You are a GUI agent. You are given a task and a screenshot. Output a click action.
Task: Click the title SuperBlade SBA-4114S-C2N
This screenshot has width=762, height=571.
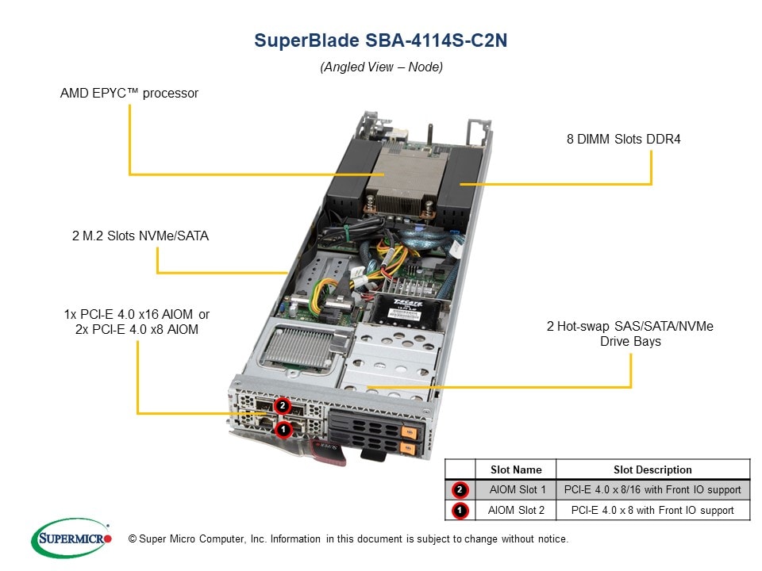point(380,40)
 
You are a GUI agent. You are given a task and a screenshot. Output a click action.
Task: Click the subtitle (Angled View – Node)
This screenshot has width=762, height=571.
point(381,67)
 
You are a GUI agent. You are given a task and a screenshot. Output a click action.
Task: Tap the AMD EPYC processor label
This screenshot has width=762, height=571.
point(129,93)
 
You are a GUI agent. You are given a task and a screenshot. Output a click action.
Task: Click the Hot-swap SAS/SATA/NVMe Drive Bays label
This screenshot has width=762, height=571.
point(629,333)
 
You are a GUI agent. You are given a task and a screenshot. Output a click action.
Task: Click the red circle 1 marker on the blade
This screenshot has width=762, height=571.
point(281,429)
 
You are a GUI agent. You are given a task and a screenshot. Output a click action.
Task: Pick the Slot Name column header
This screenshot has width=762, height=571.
point(516,469)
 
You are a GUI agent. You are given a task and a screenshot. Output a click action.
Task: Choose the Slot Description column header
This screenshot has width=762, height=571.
point(652,469)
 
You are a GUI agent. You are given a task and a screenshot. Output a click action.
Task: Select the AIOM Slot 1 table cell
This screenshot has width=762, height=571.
point(516,489)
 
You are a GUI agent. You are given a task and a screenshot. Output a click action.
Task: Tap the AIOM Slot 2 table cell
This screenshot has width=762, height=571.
point(516,510)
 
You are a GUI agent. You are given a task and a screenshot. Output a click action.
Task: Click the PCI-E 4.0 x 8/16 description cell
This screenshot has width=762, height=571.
point(652,489)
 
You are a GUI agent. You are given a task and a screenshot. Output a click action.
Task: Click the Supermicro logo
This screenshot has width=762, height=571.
point(71,539)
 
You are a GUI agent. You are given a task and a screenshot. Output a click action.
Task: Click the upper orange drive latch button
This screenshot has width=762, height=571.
point(410,432)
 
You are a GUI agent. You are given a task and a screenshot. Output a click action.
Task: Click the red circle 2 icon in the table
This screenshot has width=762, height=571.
point(460,489)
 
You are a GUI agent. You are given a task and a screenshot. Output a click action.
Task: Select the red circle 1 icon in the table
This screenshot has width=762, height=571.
point(460,510)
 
